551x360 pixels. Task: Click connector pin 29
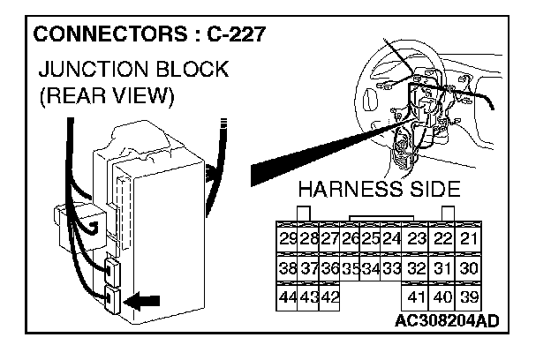coord(287,239)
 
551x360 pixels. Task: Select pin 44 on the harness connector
coord(287,297)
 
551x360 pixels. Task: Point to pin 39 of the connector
coord(470,297)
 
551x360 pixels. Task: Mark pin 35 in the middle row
coord(351,268)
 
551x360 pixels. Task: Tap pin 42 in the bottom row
coord(328,297)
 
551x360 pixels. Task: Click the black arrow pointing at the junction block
coord(144,301)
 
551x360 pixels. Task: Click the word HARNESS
coord(347,190)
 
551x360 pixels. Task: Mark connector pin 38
coord(287,268)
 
